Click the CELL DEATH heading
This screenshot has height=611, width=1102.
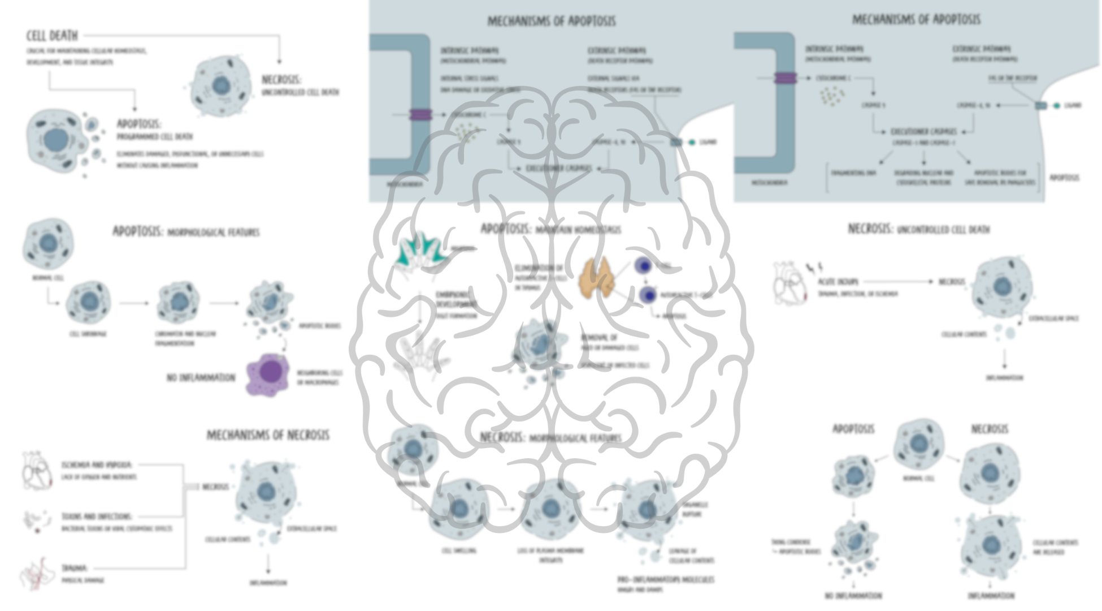pyautogui.click(x=52, y=36)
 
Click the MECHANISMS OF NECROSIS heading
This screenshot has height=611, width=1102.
pyautogui.click(x=267, y=435)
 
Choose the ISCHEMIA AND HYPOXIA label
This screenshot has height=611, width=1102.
pyautogui.click(x=97, y=465)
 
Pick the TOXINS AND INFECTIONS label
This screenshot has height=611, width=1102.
pyautogui.click(x=97, y=517)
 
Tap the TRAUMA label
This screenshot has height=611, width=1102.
pyautogui.click(x=74, y=568)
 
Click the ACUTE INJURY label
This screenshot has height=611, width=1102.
pyautogui.click(x=838, y=281)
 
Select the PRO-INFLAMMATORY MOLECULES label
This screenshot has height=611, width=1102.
pyautogui.click(x=666, y=579)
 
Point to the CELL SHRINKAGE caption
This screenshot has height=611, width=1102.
pyautogui.click(x=88, y=334)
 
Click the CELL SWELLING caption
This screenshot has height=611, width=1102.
pyautogui.click(x=458, y=550)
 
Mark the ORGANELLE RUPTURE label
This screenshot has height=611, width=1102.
pyautogui.click(x=695, y=509)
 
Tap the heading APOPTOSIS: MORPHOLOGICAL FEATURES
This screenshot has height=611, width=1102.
pyautogui.click(x=186, y=232)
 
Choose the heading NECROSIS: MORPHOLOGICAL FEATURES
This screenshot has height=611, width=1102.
pyautogui.click(x=550, y=438)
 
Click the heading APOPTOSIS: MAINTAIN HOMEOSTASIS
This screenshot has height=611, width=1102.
pyautogui.click(x=550, y=229)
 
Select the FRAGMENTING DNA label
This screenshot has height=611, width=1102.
pyautogui.click(x=853, y=173)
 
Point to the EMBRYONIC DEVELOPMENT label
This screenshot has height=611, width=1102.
pyautogui.click(x=456, y=299)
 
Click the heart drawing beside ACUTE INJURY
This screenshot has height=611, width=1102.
pyautogui.click(x=789, y=283)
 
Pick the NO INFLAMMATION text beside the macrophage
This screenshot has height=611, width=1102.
pyautogui.click(x=201, y=377)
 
